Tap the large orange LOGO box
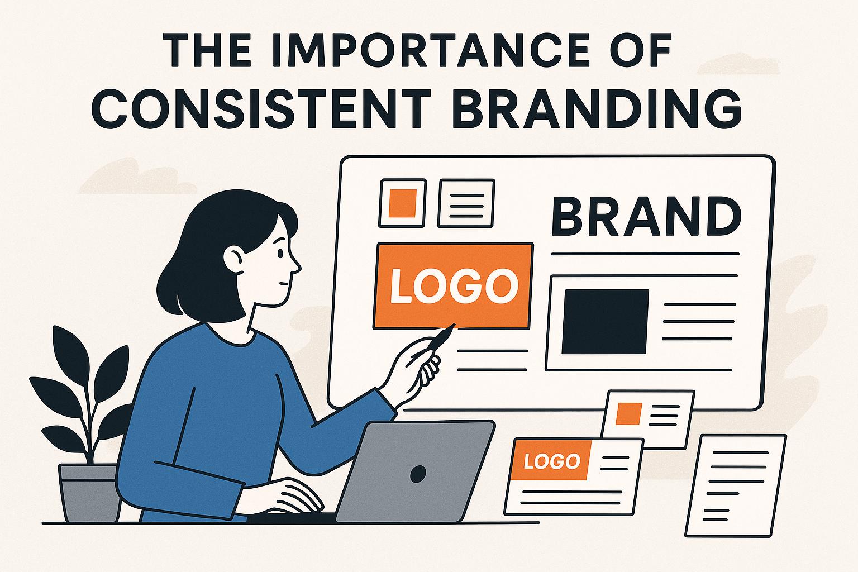coord(453,286)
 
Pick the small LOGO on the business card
coord(551,461)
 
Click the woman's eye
coord(280,253)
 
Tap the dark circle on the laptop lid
coord(418,474)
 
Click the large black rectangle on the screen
coord(605,321)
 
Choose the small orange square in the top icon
coord(402,203)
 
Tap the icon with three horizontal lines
coord(466,203)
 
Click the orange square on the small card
coord(628,414)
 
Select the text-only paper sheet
coord(736,486)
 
